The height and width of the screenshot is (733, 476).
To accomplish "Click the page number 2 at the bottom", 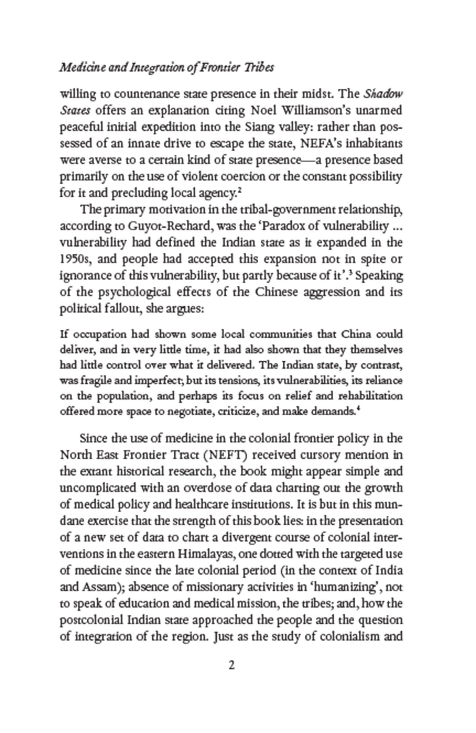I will click(x=231, y=665).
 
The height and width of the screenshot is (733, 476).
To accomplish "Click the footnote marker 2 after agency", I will click(x=239, y=190).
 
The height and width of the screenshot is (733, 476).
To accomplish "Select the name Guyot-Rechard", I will click(x=169, y=226).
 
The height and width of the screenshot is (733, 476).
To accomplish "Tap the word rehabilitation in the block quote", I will click(x=370, y=396).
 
